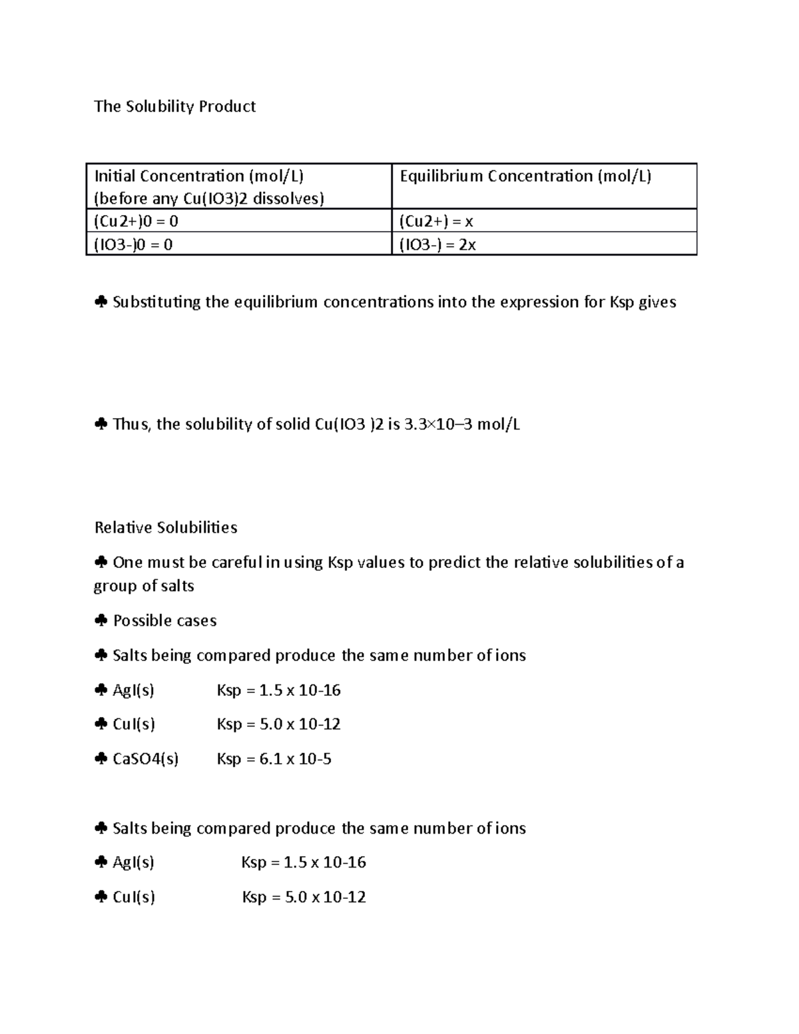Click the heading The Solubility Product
pos(175,107)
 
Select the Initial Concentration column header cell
pos(238,186)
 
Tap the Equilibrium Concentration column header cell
pos(544,186)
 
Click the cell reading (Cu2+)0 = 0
pos(238,221)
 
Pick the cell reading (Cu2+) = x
pos(544,221)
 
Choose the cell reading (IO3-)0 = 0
pos(238,244)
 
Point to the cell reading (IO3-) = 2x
pos(544,244)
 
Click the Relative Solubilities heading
pos(166,527)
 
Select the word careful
pos(236,563)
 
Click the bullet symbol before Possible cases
pos(101,621)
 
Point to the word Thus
pos(131,424)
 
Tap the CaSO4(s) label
pos(146,759)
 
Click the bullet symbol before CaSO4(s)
pos(101,759)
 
